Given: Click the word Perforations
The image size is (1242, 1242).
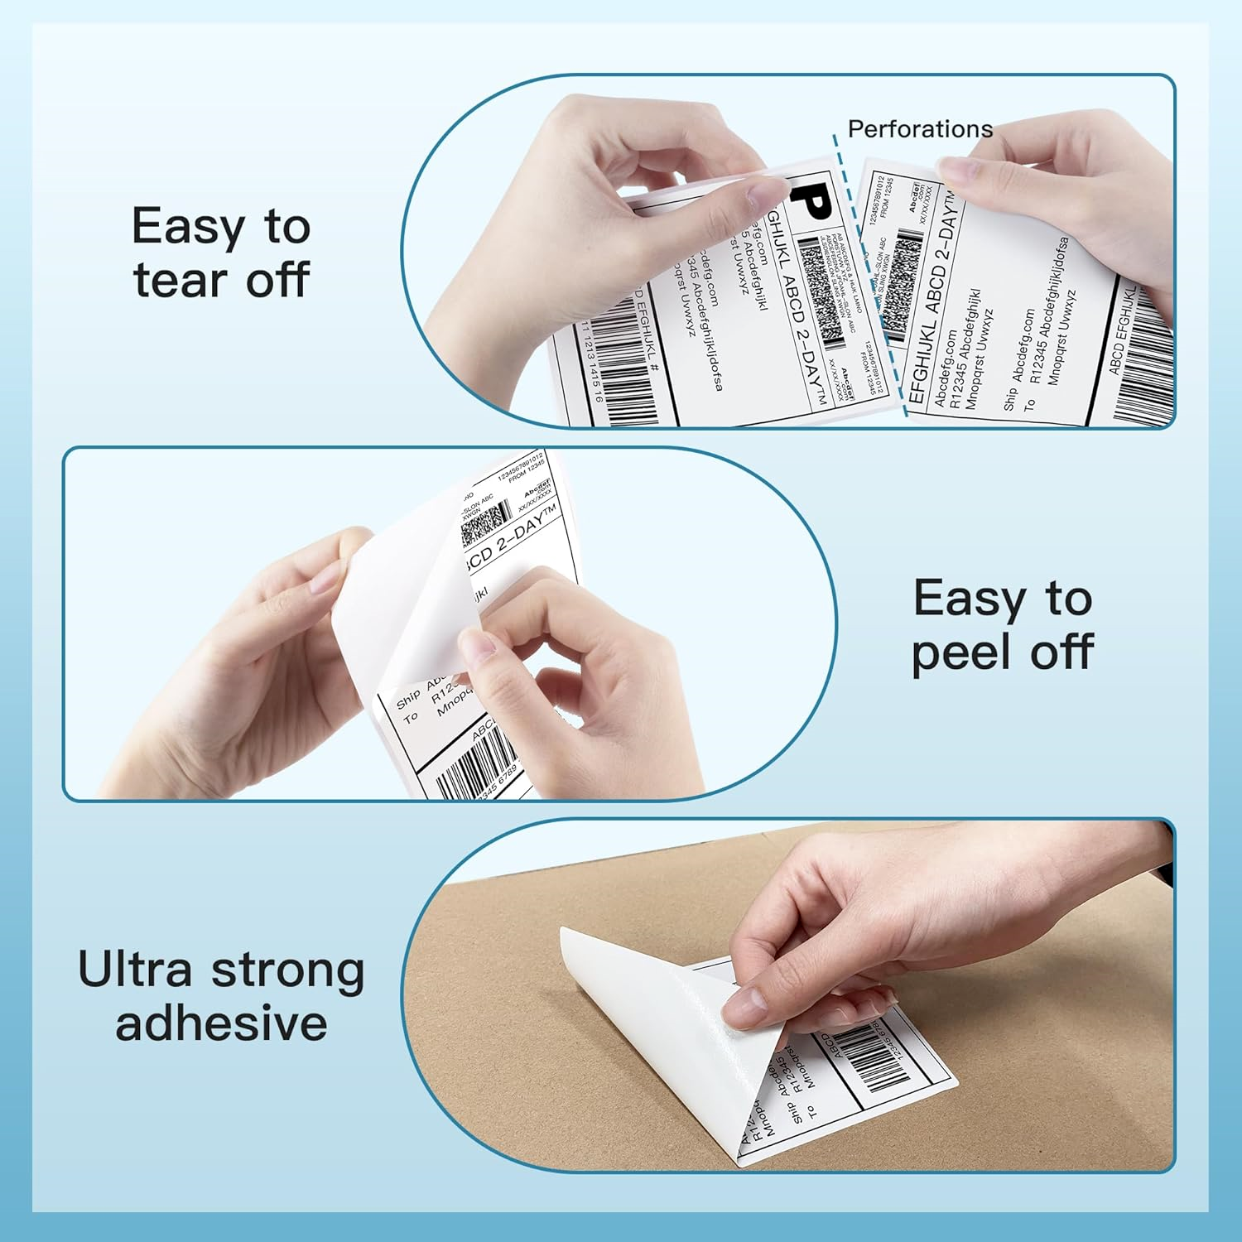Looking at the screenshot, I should [x=920, y=129].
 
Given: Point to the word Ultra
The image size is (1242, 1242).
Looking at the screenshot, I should [x=134, y=970].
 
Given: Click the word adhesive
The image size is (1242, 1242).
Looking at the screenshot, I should [x=221, y=1023].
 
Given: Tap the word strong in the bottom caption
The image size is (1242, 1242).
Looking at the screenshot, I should [x=287, y=971].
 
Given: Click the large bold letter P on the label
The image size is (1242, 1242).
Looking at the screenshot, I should [x=810, y=202].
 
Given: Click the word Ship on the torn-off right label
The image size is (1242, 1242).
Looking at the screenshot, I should [x=1009, y=400].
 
